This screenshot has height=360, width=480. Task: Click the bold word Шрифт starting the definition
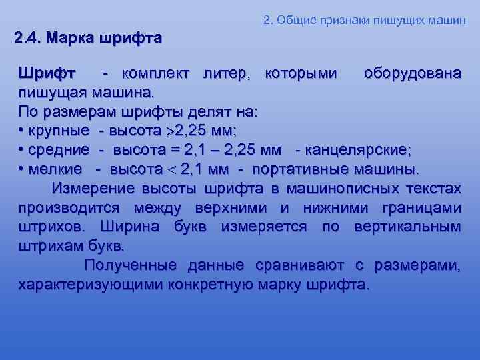[x=47, y=72]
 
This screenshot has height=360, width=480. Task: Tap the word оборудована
[x=412, y=72]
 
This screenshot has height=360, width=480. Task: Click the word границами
[x=421, y=207]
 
